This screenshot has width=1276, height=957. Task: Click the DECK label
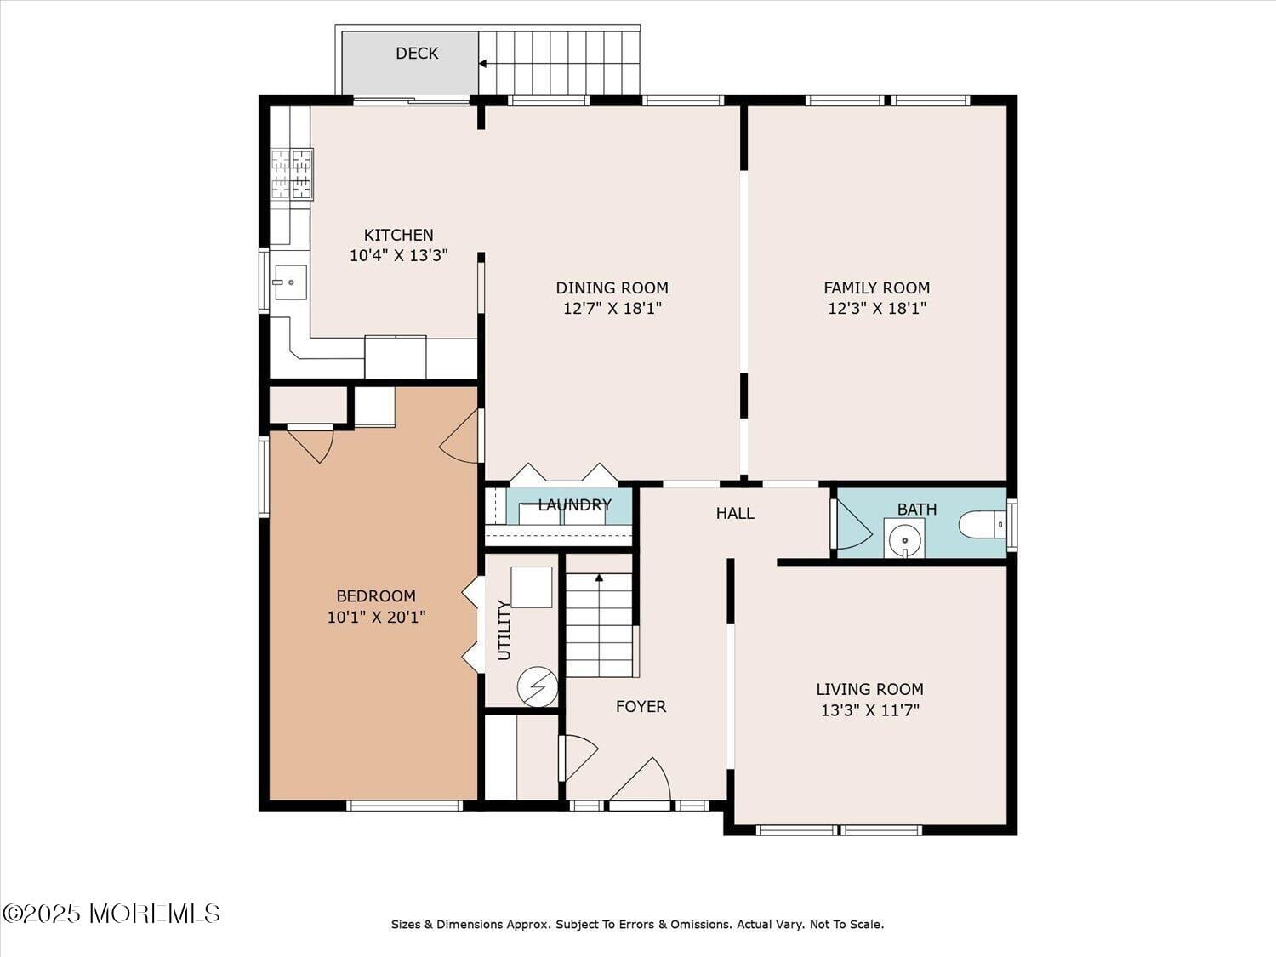[417, 54]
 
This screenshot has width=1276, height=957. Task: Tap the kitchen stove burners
[291, 174]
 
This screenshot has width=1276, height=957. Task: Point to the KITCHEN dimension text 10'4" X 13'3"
[398, 255]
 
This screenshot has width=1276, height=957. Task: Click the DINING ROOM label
[612, 288]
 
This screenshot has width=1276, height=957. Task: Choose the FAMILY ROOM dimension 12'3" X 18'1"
[876, 308]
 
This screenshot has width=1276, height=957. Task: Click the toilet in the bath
[983, 524]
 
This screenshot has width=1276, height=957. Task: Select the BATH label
[916, 509]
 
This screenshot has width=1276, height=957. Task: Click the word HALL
[734, 513]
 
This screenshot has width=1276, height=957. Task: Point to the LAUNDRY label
[574, 504]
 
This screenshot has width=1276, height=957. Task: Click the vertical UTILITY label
[504, 629]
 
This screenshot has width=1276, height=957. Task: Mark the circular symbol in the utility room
[538, 686]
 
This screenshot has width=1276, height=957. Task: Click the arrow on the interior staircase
[599, 578]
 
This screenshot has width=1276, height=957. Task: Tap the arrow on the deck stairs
[483, 63]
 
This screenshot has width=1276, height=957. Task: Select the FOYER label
[641, 706]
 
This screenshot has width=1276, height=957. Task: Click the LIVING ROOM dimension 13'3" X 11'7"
[869, 709]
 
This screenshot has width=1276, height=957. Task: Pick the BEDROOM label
[376, 595]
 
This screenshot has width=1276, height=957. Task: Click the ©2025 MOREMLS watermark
[111, 914]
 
